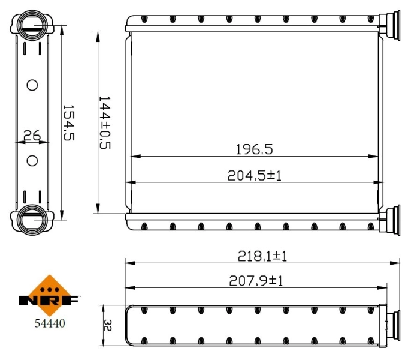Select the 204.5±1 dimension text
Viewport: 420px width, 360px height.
pyautogui.click(x=255, y=175)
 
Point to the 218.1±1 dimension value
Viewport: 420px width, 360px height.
pyautogui.click(x=262, y=256)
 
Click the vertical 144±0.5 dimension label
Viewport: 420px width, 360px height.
pyautogui.click(x=105, y=122)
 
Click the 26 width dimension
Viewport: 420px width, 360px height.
pyautogui.click(x=31, y=136)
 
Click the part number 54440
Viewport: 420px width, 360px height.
pyautogui.click(x=49, y=323)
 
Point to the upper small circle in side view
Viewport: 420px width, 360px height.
pyautogui.click(x=32, y=85)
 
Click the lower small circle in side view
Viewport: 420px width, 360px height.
pyautogui.click(x=32, y=160)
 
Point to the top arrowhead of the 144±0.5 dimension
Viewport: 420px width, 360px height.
pyautogui.click(x=98, y=35)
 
